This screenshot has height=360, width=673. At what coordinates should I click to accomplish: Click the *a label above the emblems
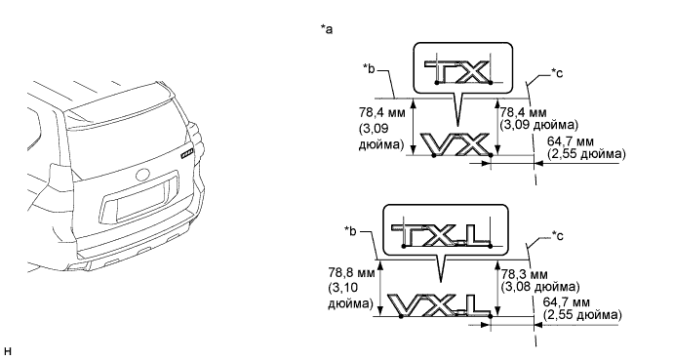[326, 28]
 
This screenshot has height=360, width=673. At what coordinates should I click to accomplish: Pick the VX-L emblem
[440, 305]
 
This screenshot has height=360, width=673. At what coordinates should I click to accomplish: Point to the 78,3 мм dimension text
[524, 274]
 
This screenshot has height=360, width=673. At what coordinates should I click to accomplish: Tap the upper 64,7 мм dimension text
[572, 141]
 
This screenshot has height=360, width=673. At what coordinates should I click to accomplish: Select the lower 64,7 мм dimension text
[566, 302]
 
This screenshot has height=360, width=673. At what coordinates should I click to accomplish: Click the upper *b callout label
[369, 68]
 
